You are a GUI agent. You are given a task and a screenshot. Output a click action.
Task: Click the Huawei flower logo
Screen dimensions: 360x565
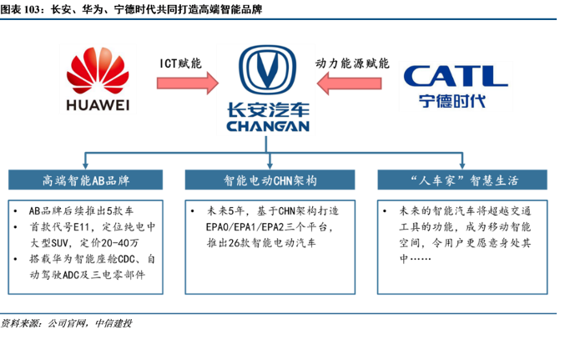click(x=98, y=68)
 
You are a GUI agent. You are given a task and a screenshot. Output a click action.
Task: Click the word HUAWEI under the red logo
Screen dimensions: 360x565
click(x=98, y=104)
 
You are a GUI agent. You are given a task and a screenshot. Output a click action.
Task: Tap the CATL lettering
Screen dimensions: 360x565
click(x=455, y=76)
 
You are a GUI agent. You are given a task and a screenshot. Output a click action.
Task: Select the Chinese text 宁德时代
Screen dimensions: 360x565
click(x=455, y=102)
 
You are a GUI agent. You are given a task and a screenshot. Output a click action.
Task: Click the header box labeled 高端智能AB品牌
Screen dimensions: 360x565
click(x=86, y=180)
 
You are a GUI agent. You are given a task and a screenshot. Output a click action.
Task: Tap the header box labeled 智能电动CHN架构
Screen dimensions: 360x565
click(x=270, y=180)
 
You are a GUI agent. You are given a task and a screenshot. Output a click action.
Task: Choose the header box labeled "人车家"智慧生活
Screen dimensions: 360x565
click(x=462, y=180)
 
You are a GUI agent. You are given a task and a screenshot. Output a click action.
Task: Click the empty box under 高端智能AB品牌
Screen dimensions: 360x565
click(x=86, y=246)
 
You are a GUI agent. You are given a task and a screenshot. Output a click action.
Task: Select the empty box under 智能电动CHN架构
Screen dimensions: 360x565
click(x=270, y=246)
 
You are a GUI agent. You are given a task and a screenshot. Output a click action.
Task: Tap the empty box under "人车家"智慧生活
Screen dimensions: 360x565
click(x=462, y=246)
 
